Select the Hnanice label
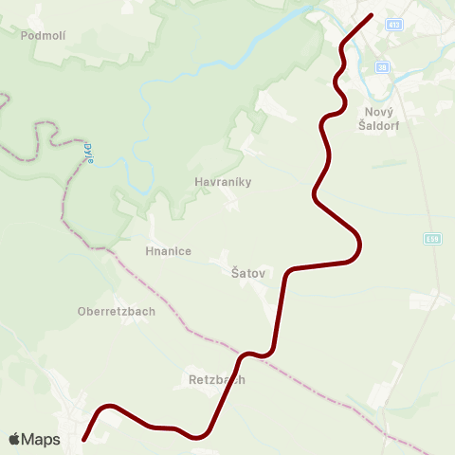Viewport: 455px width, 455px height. [x=169, y=251]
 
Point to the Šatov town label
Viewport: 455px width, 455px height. [x=247, y=273]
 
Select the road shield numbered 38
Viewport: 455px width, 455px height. [x=382, y=67]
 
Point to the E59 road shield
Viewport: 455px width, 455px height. [x=433, y=239]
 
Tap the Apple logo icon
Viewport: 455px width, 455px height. [x=14, y=439]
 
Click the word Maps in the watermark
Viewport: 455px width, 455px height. [x=41, y=439]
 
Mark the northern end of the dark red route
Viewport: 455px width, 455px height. [x=371, y=15]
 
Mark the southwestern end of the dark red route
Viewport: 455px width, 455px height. [x=84, y=439]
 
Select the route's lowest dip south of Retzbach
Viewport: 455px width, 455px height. [x=199, y=437]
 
